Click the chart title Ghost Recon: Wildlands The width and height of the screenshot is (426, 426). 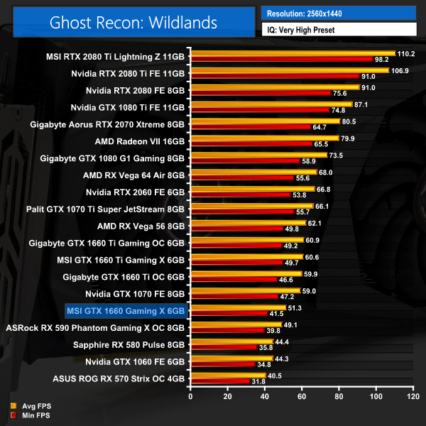[x=133, y=22]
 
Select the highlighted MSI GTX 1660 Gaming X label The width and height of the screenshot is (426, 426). [x=126, y=310]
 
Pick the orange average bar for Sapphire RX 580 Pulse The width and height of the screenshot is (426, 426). [x=231, y=342]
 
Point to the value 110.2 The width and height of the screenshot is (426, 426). [x=406, y=53]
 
